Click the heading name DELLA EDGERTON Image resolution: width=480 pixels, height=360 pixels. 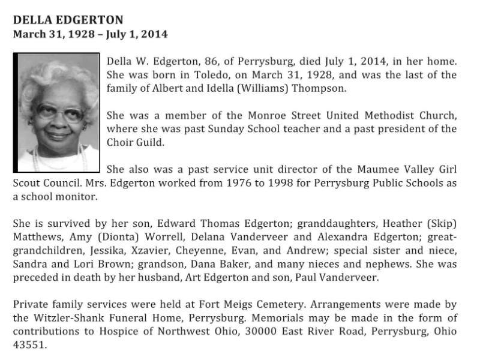[x=68, y=20]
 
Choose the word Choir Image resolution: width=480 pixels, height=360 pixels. [x=121, y=142]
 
